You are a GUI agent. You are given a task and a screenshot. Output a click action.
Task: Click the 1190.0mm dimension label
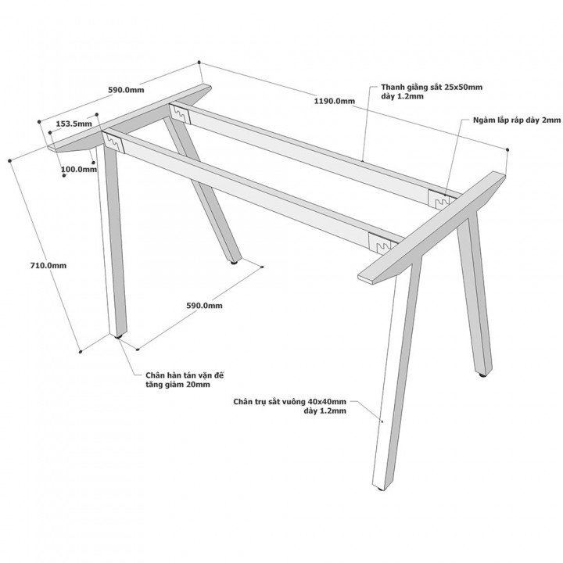(x=335, y=101)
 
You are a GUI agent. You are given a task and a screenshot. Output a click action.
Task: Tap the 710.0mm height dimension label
(x=48, y=265)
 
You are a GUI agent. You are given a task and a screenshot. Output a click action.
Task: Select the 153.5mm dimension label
(x=74, y=124)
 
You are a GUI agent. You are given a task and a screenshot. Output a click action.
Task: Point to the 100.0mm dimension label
(x=79, y=169)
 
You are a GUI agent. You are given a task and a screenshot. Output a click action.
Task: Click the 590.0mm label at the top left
(x=126, y=90)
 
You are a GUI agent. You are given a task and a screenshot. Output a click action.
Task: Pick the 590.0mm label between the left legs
(x=204, y=306)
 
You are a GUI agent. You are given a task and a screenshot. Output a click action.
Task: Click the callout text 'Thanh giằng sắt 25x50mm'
(x=432, y=88)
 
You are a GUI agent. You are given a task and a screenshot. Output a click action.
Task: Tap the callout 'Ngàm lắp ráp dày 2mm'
(x=517, y=120)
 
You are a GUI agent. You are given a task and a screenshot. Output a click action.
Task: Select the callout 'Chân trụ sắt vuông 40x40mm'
(x=290, y=401)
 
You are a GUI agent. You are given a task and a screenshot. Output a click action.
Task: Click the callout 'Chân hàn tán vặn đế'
(x=185, y=375)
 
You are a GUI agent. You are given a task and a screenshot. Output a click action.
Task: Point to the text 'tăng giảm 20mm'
(x=178, y=385)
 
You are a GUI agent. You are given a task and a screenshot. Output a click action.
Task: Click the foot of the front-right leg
(x=381, y=489)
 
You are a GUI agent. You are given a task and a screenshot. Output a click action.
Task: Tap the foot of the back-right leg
(x=483, y=375)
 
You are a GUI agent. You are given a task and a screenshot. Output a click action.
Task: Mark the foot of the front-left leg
(x=119, y=337)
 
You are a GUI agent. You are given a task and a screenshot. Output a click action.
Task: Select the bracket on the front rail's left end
(x=113, y=142)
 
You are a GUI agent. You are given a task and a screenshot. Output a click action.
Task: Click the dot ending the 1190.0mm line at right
(x=507, y=149)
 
